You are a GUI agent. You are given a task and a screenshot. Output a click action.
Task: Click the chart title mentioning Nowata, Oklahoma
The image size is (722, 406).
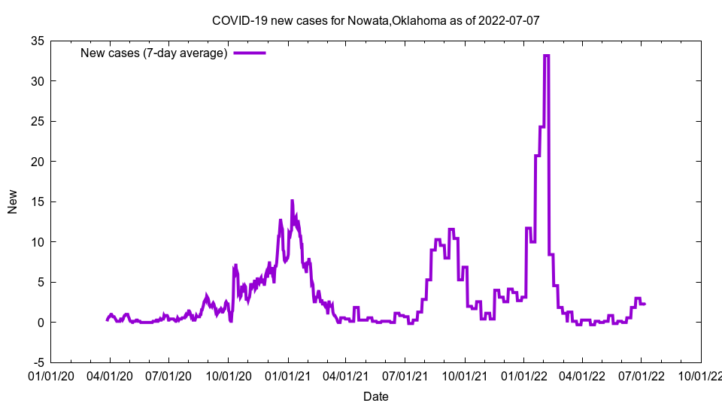pos(375,20)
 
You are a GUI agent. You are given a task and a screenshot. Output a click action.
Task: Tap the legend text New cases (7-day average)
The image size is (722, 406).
pos(153,53)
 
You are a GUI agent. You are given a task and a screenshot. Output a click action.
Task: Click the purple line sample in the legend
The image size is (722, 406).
pos(250,53)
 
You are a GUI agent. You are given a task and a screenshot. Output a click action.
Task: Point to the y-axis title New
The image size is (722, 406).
pos(13,201)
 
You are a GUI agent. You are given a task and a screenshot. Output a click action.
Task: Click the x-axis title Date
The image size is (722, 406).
pos(375,396)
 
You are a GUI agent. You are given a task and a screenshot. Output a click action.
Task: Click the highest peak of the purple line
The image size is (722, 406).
pos(547,56)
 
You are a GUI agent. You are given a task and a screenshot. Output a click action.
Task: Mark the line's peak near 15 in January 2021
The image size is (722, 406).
pos(292,201)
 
